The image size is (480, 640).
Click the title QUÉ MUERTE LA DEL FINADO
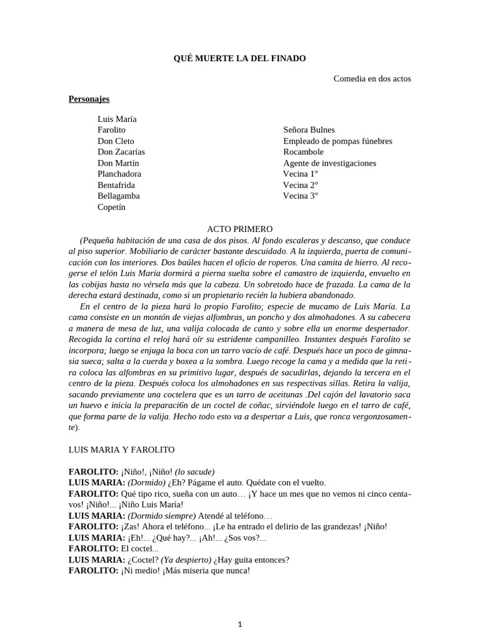239,58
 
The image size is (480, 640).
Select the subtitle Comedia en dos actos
372,78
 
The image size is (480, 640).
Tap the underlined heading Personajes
89,99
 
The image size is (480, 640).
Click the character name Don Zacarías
121,152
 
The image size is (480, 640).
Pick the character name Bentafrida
116,185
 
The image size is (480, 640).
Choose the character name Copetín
111,207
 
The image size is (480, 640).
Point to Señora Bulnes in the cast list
309,130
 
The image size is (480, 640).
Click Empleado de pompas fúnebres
337,141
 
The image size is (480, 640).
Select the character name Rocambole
303,152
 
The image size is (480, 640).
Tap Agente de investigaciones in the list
329,163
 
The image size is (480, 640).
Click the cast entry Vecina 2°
300,185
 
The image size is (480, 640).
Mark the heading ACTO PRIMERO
239,229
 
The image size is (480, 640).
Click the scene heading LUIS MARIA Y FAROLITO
121,449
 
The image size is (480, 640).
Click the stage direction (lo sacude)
194,471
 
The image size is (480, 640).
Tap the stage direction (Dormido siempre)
161,516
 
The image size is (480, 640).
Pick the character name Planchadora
119,174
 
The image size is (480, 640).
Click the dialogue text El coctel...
140,549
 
